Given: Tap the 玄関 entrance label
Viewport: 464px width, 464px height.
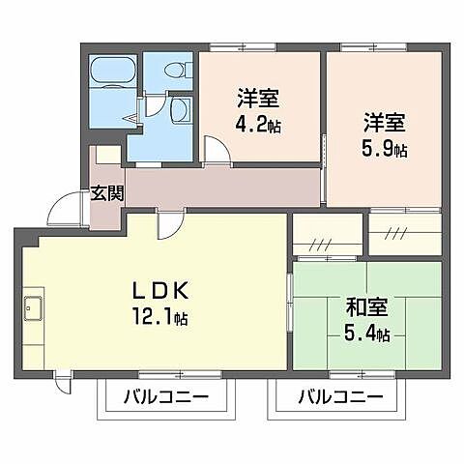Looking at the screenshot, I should click(x=106, y=192).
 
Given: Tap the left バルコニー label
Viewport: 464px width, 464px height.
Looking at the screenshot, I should click(x=165, y=396).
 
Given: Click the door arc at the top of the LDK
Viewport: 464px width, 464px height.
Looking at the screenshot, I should click(x=167, y=224).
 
